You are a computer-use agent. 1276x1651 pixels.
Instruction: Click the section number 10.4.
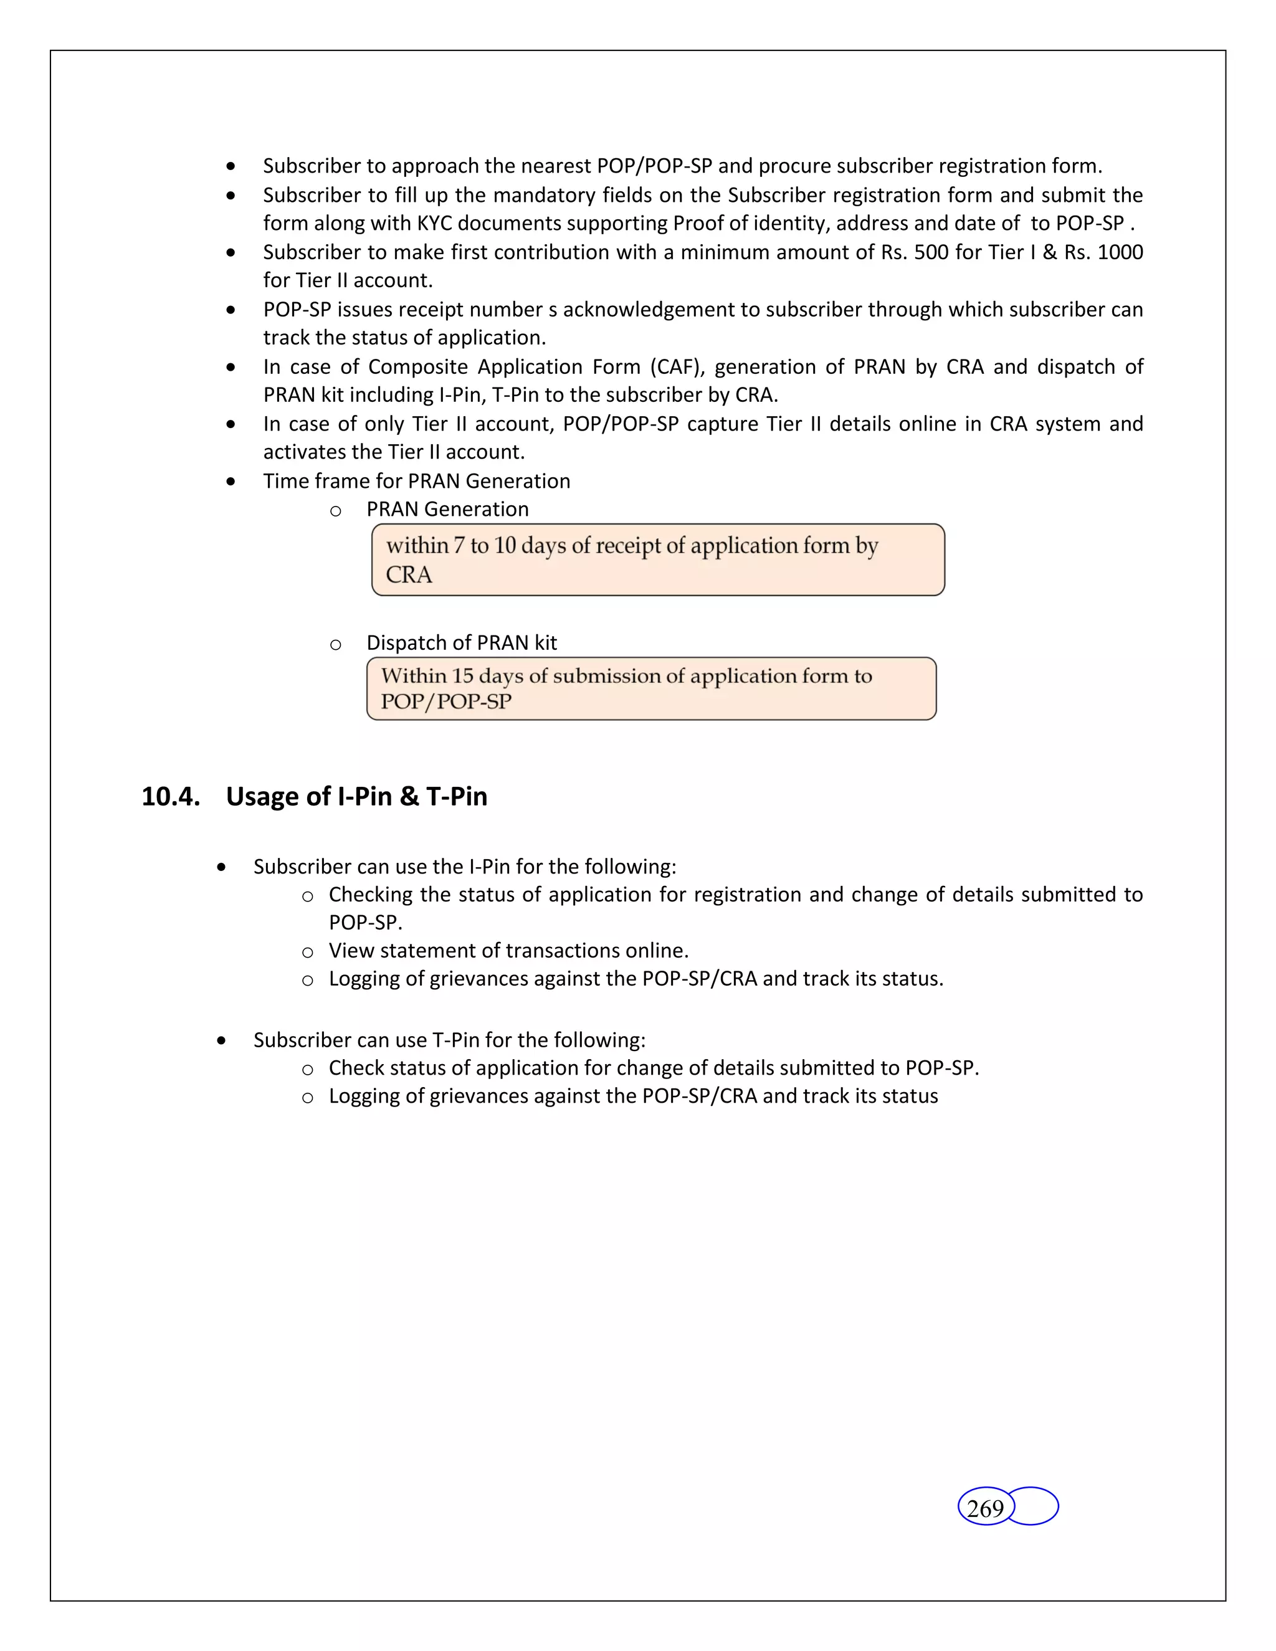171,797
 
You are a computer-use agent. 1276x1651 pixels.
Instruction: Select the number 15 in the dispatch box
463,676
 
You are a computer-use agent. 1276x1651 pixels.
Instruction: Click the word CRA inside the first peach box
409,575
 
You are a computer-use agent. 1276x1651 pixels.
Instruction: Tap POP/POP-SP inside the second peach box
446,702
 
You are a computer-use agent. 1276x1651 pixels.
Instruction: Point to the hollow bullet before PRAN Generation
336,511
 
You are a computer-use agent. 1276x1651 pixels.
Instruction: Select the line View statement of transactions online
508,950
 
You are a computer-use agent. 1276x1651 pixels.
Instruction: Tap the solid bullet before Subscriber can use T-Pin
221,1041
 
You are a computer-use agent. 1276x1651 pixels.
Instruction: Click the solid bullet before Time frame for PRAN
231,482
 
